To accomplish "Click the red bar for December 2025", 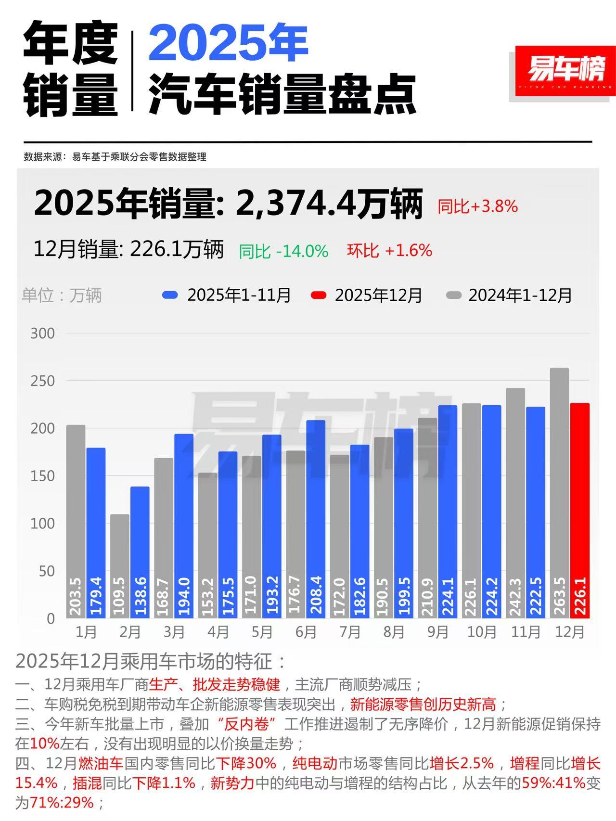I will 579,510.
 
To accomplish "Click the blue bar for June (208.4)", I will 316,519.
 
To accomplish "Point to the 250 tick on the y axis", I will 42,381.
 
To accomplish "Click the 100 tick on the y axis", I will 42,524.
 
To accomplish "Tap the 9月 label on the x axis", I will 437,631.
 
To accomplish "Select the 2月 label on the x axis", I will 130,631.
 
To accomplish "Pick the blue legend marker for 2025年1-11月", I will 170,295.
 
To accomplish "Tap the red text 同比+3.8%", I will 477,206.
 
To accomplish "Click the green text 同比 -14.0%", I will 284,251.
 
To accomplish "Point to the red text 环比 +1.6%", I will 389,250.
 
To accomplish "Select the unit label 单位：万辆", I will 62,295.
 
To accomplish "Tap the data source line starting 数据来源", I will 115,157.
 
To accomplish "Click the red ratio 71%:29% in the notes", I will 62,803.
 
